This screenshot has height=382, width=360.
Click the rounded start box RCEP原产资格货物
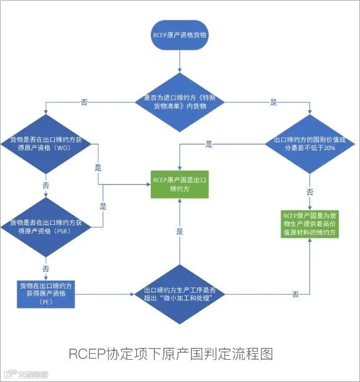[179, 35]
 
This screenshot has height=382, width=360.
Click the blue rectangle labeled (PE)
[46, 293]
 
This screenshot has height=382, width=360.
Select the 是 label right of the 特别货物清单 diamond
[273, 102]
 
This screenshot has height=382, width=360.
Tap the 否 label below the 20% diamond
[309, 191]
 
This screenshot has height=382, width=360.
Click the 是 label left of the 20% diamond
[209, 144]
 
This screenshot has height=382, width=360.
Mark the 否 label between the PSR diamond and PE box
[46, 268]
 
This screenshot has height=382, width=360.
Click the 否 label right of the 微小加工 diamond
[295, 293]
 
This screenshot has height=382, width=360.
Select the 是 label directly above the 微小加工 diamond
[180, 231]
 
